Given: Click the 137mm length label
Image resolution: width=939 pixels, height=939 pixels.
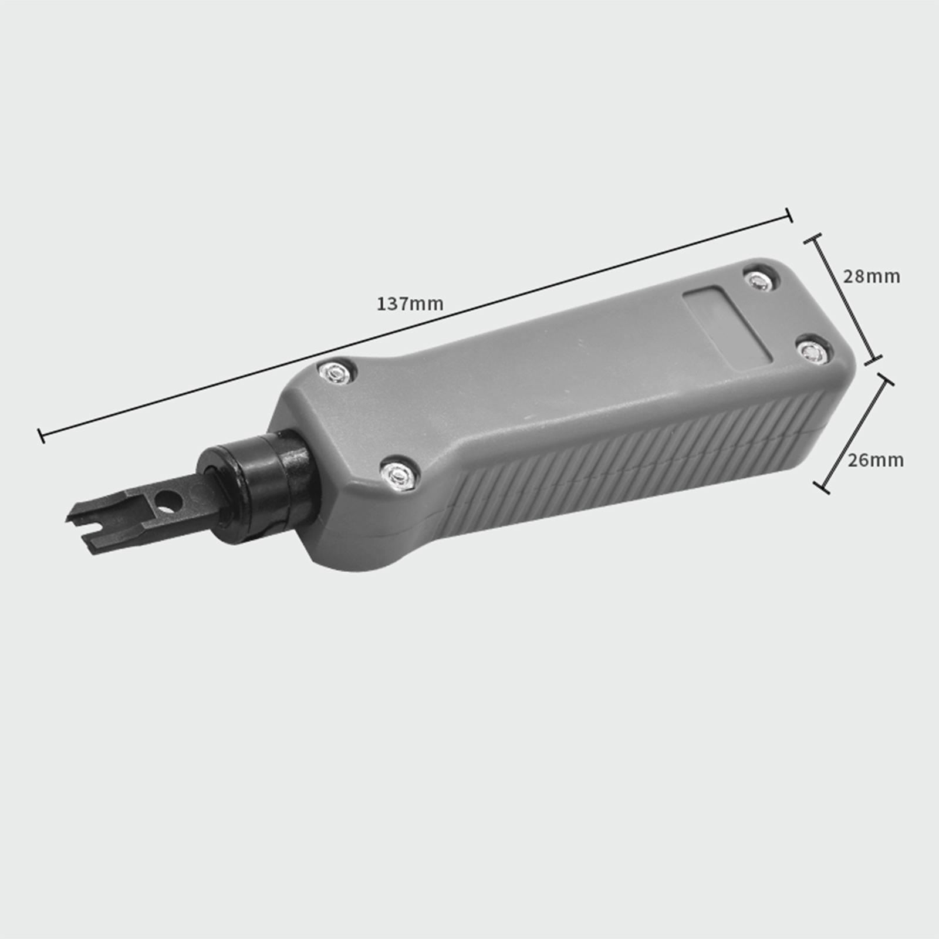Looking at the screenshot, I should click(410, 304).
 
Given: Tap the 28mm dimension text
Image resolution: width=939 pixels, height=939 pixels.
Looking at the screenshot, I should click(872, 276).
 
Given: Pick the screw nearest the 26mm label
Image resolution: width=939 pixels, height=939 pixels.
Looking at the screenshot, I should click(810, 352).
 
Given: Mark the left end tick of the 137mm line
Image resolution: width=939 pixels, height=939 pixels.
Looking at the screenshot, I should click(41, 435).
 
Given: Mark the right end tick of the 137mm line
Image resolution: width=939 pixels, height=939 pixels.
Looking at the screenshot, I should click(789, 215).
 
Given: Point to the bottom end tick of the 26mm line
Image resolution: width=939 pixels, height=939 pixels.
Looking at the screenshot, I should click(821, 487).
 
